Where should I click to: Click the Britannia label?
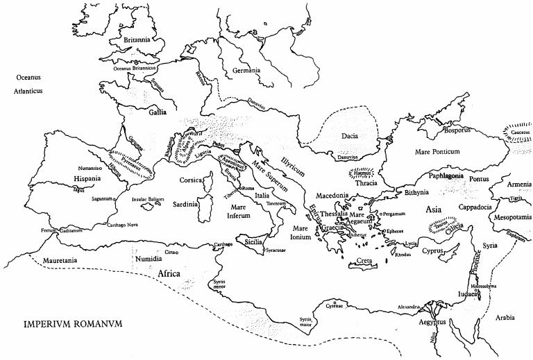[136, 41]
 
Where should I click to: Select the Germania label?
[246, 71]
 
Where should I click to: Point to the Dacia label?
[349, 136]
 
